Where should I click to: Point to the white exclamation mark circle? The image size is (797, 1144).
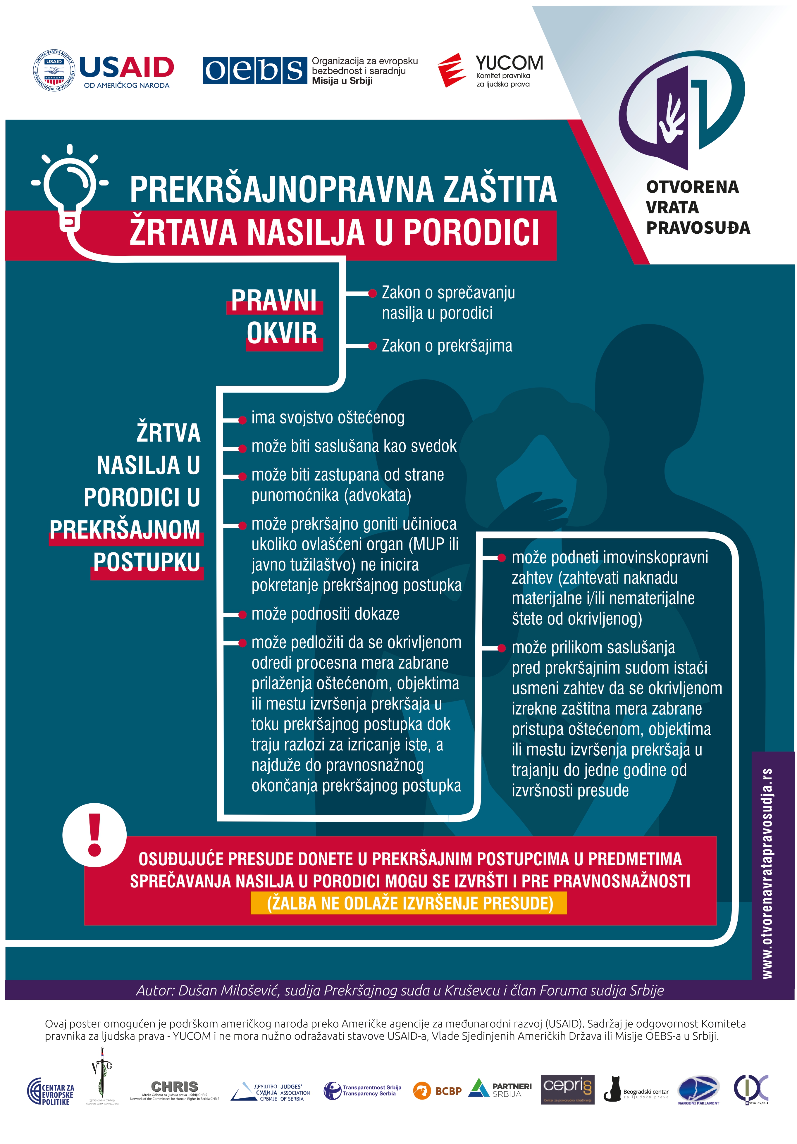pos(95,835)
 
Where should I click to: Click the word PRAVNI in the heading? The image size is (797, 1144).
pos(274,300)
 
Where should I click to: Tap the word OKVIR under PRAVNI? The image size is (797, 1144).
pos(282,333)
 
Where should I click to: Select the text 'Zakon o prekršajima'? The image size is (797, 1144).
pos(447,346)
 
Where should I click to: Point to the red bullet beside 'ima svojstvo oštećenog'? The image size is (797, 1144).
pos(243,420)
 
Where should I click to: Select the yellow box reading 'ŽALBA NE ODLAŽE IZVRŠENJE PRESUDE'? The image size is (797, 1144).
pos(409,903)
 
